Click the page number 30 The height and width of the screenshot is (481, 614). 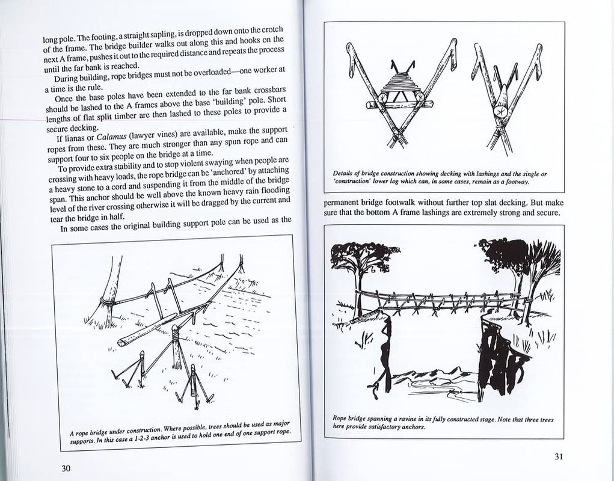(x=66, y=468)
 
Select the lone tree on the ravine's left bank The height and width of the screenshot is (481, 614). (x=361, y=265)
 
